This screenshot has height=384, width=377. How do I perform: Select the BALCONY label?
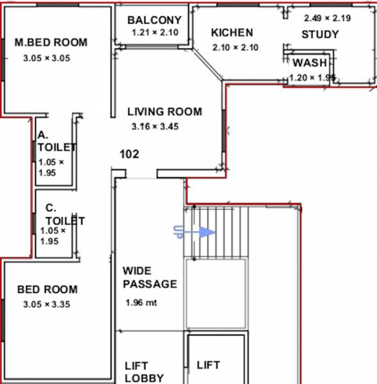(154, 20)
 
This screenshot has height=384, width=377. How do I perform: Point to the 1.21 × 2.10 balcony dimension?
(154, 33)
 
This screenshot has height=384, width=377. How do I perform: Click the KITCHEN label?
(232, 33)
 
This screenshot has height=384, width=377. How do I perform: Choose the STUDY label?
(320, 35)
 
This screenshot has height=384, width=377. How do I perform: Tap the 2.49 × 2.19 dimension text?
(327, 18)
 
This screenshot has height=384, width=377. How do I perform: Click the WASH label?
(310, 63)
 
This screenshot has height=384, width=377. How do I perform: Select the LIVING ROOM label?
(164, 111)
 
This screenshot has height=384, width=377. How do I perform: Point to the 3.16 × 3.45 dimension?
(155, 127)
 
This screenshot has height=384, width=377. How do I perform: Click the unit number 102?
(129, 154)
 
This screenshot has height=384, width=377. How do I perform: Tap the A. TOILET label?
(56, 141)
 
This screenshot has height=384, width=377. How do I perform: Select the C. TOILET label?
(63, 215)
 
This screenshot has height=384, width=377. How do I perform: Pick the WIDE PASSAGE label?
(149, 278)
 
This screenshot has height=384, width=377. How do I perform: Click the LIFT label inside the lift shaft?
(209, 365)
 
